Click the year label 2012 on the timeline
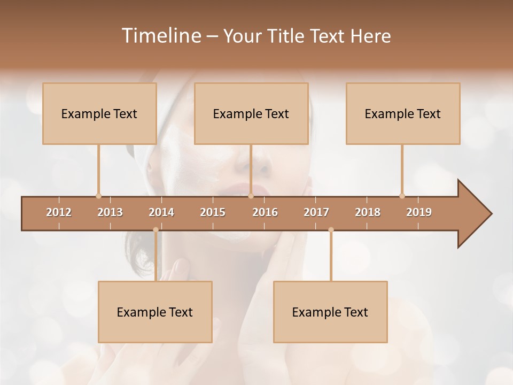[59, 212]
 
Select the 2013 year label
[110, 212]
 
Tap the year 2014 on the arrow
[161, 212]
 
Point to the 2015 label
[213, 212]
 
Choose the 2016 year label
[265, 212]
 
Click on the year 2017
[316, 212]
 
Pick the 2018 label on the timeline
[368, 212]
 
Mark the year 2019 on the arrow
[419, 212]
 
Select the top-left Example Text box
[99, 113]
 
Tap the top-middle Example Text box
[251, 113]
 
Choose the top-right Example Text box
[403, 113]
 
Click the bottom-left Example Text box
[155, 312]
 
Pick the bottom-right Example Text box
[330, 312]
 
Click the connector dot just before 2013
[98, 196]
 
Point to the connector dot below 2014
[156, 230]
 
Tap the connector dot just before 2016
[251, 196]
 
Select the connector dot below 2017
[331, 230]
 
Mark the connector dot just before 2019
[402, 196]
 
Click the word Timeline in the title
[160, 36]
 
